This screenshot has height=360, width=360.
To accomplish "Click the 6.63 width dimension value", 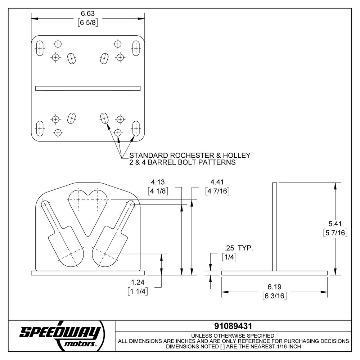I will [88, 14].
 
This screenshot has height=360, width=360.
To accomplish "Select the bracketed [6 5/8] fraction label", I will [88, 22].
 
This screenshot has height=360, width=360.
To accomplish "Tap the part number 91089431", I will [233, 326].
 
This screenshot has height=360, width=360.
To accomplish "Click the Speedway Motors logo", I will [61, 335].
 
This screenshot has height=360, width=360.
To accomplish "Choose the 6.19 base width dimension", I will [274, 287].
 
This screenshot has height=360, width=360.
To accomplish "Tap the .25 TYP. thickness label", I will [238, 248].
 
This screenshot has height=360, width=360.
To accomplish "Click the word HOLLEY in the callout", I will [237, 156].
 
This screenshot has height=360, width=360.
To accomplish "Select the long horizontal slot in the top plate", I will [88, 88].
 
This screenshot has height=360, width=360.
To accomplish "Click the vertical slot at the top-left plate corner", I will [40, 48].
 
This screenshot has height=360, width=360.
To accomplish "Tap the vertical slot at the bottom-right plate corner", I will [136, 128].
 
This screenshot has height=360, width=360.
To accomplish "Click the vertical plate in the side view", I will [274, 227].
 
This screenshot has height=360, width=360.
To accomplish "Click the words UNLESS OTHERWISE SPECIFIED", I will [233, 335].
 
